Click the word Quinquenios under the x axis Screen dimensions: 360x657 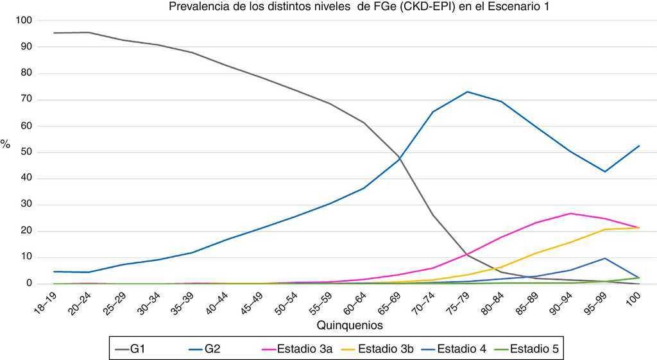(350, 325)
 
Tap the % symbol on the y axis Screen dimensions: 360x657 (5, 145)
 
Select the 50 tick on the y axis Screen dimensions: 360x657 (26, 152)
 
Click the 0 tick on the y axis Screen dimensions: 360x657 (29, 284)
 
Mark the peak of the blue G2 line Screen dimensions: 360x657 (467, 92)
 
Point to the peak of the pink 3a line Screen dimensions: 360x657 (570, 214)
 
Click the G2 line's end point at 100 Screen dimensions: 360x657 (638, 146)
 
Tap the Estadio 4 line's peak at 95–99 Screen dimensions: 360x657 (604, 259)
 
